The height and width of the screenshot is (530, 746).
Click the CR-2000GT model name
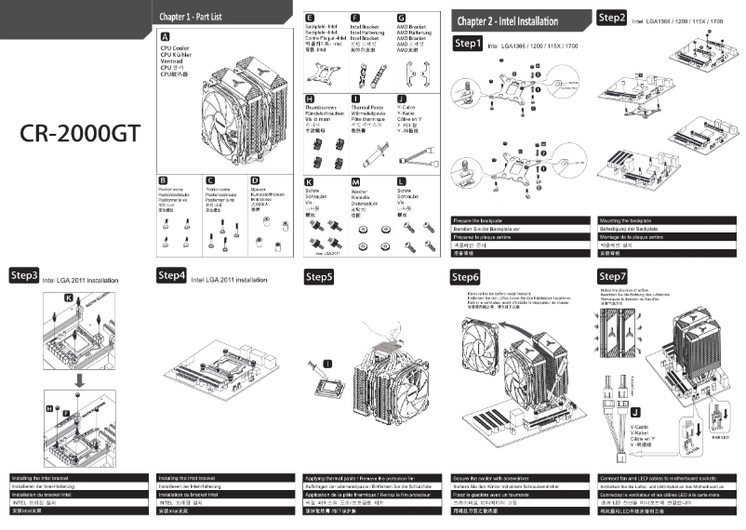tap(80, 134)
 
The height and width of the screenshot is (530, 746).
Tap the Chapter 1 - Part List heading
tap(191, 17)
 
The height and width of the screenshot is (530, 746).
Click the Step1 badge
tap(468, 44)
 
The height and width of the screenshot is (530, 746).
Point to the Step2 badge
tap(612, 17)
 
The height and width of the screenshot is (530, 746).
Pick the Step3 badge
tap(25, 276)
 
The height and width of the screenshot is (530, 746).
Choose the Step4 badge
tap(172, 276)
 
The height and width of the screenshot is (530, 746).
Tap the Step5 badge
tap(320, 276)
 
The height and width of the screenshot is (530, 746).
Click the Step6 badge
tap(465, 277)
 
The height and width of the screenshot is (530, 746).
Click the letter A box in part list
tap(165, 33)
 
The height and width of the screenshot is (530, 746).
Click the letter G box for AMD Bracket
tap(401, 18)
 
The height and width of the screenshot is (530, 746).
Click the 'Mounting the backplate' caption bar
tap(666, 220)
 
